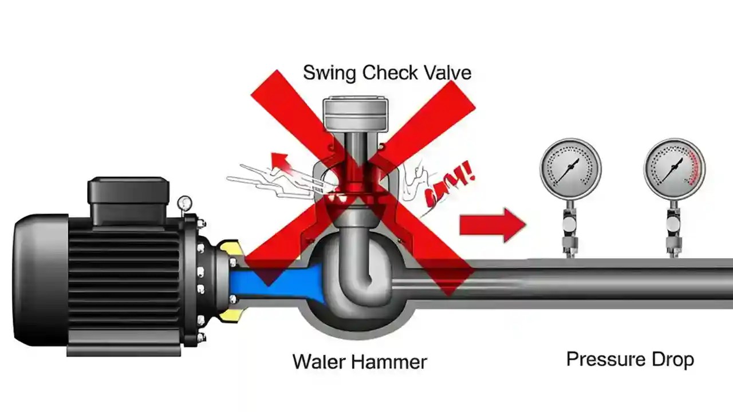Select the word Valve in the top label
click(x=448, y=73)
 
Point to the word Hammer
click(x=389, y=362)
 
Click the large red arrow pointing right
click(x=492, y=225)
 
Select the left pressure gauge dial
click(x=570, y=169)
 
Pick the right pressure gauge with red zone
click(x=674, y=169)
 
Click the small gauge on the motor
click(x=184, y=203)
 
